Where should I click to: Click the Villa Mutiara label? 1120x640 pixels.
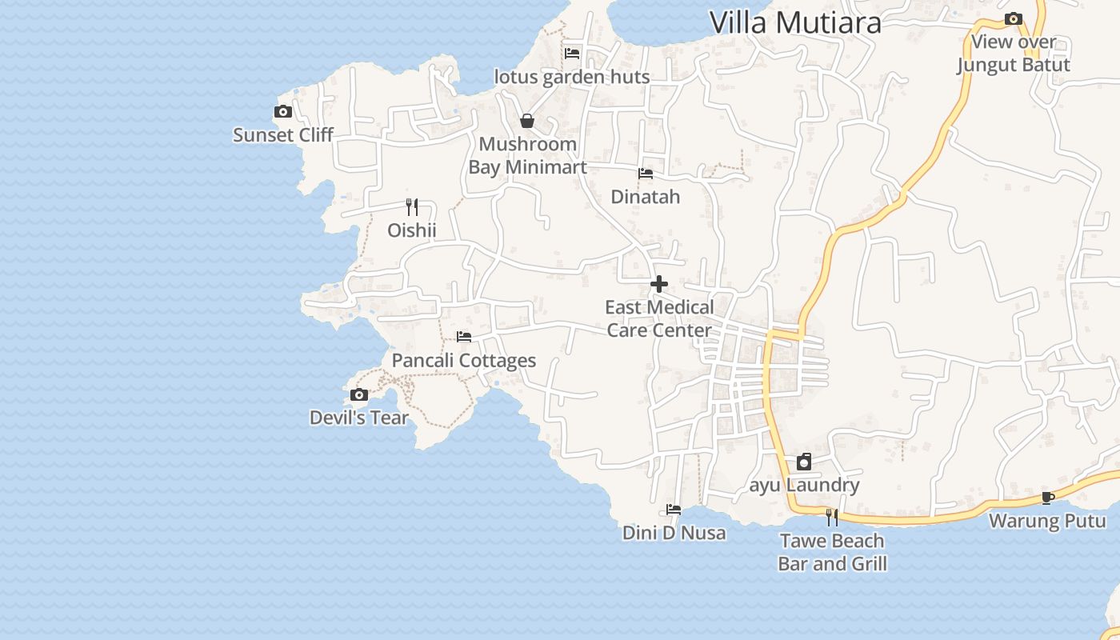click(795, 22)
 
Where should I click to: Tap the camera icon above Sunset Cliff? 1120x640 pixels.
click(283, 112)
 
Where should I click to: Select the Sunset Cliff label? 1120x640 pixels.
click(282, 134)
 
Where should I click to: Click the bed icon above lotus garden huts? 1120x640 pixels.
click(572, 54)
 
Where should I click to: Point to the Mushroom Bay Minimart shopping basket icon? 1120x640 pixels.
click(527, 121)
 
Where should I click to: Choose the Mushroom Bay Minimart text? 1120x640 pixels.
click(527, 155)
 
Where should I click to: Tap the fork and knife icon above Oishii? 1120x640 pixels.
click(412, 207)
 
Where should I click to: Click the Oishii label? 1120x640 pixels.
click(412, 230)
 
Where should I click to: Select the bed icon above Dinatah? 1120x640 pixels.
click(646, 174)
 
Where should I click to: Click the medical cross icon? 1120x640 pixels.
click(659, 284)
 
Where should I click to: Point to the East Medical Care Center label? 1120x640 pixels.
click(659, 318)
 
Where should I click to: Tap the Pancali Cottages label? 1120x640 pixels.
click(464, 360)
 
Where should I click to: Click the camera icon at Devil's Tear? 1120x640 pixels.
click(359, 394)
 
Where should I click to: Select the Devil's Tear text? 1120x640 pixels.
click(358, 418)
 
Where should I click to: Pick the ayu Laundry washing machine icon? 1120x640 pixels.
click(804, 462)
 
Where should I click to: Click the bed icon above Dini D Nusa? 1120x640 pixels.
click(674, 510)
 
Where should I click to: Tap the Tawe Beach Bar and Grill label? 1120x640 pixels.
click(832, 552)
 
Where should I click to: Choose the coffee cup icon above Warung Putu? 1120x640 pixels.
click(1047, 498)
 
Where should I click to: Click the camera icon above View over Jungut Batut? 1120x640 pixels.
click(1014, 18)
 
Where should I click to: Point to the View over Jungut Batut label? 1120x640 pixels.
click(1014, 53)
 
